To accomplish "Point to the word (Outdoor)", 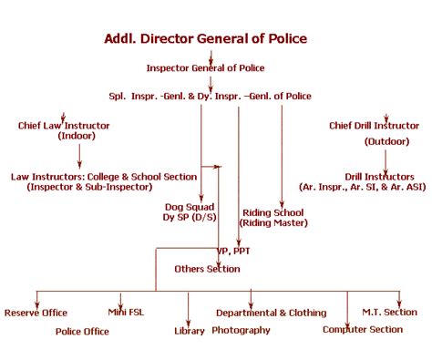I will pos(386,141).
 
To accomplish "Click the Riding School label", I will pos(273,212).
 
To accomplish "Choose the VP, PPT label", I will pos(233,251).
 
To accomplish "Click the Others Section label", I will pos(208,269).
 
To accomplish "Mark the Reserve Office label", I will pos(36,313).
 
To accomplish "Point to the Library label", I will pos(189,331).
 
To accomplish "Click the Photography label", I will pos(242,330).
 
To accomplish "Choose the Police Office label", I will pos(82,331).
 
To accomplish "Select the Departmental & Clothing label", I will pos(271,313).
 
